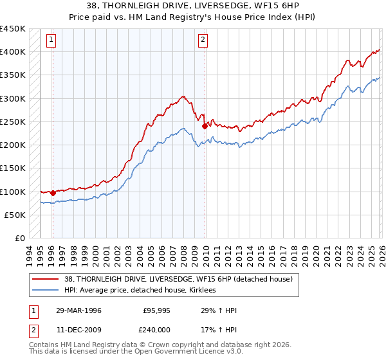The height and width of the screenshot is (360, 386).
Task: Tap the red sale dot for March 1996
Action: pyautogui.click(x=53, y=193)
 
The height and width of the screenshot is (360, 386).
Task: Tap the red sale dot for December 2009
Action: pyautogui.click(x=205, y=126)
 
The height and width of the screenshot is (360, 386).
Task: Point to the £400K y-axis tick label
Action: pyautogui.click(x=13, y=52)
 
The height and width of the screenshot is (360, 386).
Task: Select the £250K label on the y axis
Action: pyautogui.click(x=13, y=122)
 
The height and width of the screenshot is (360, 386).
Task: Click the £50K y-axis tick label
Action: pyautogui.click(x=15, y=215)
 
